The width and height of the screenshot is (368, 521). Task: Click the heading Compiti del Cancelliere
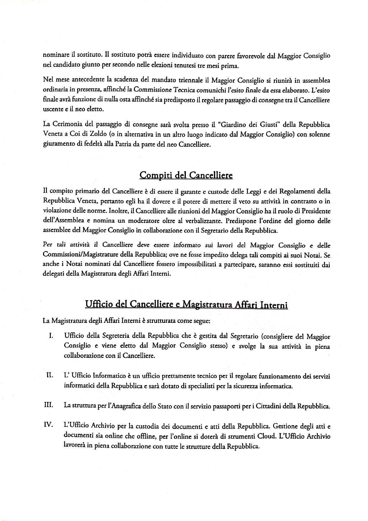186,175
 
